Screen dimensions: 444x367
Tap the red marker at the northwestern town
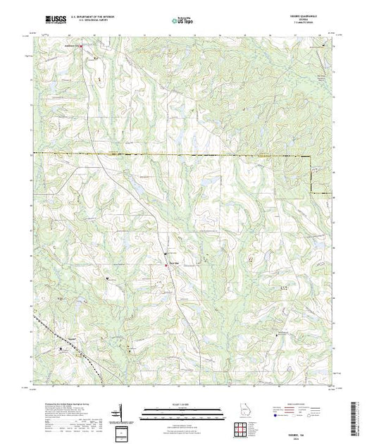[x=80, y=48]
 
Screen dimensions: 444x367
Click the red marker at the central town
[x=167, y=253]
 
